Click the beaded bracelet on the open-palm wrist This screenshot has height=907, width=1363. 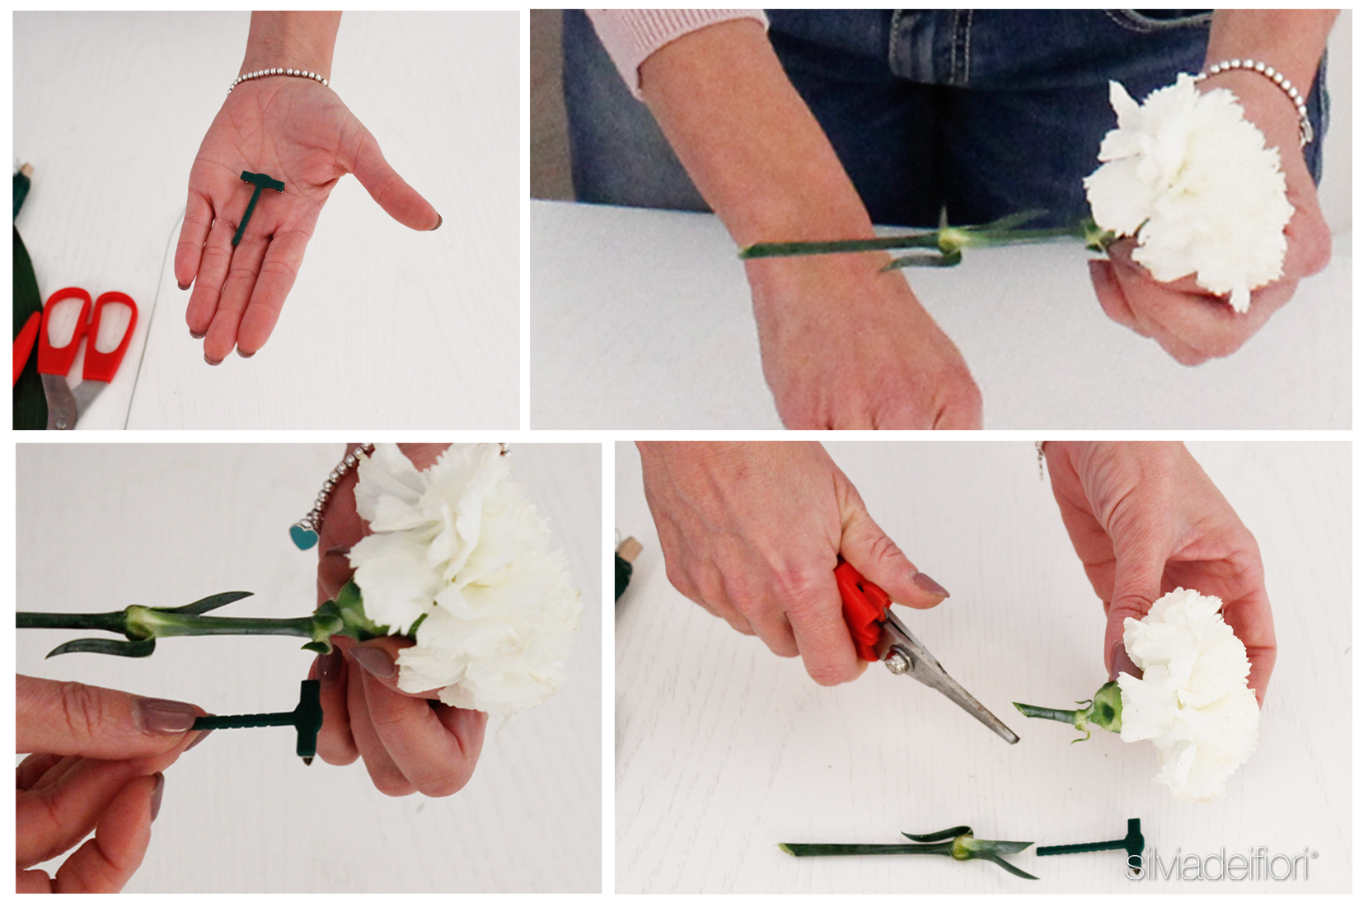point(278,78)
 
